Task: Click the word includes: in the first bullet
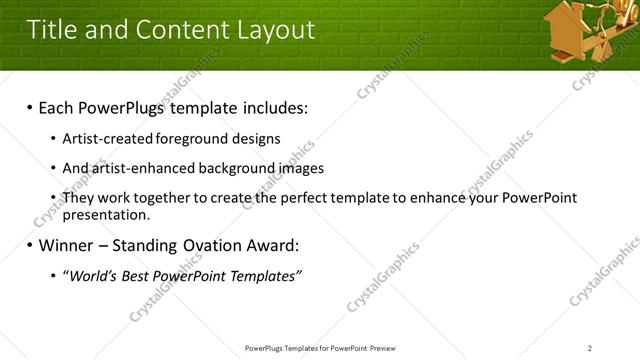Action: point(267,107)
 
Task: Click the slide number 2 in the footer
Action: point(590,348)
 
